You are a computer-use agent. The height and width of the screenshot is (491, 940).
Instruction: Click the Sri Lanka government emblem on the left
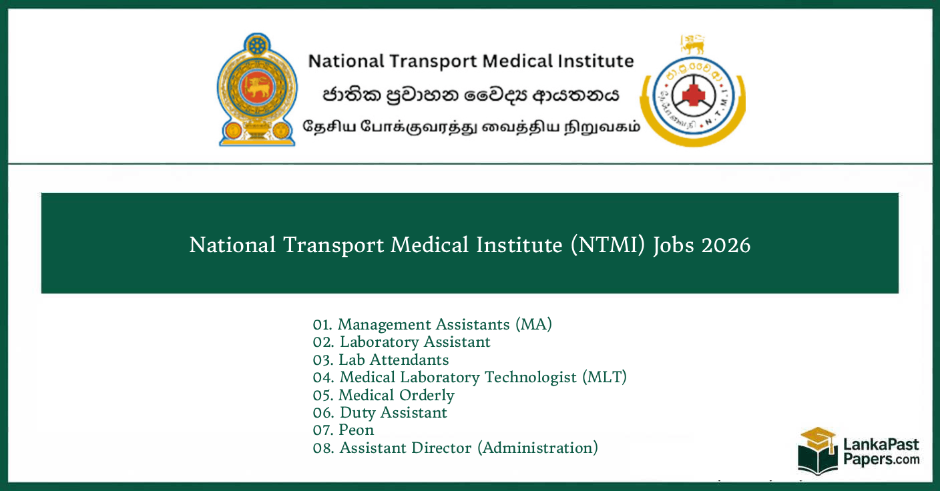(x=256, y=89)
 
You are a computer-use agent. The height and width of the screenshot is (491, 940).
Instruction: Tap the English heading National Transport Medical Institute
(x=471, y=61)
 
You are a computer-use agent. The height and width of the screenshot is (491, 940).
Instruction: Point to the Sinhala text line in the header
(x=471, y=95)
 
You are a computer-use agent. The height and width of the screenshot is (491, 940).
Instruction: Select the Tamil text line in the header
(x=471, y=126)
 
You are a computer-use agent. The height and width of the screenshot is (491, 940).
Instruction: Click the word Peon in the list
(x=356, y=430)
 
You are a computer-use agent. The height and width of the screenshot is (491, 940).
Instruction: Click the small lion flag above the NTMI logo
(x=692, y=45)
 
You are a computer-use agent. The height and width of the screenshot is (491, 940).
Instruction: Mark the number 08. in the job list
(x=323, y=448)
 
